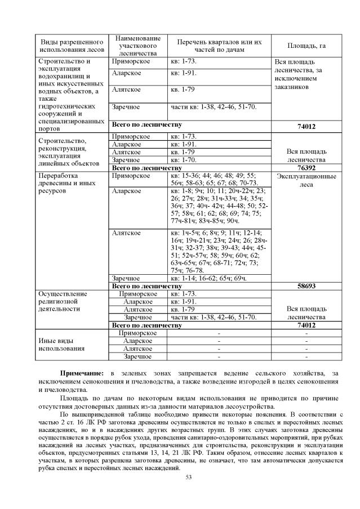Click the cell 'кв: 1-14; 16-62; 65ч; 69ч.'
pyautogui.click(x=208, y=278)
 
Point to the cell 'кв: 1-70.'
pyautogui.click(x=184, y=160)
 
